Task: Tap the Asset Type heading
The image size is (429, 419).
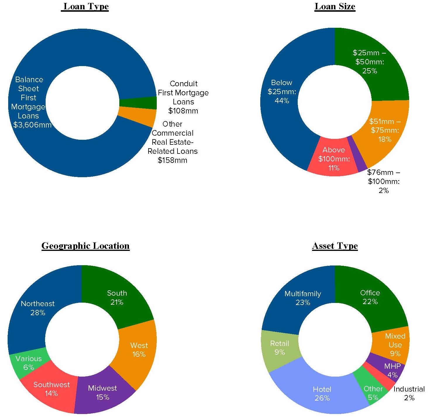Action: coord(335,246)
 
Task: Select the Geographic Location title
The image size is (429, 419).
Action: coord(85,246)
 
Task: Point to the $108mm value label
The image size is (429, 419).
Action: coord(183,111)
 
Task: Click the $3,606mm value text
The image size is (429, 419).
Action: coord(32,125)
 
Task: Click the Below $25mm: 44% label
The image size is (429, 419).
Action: coord(282,92)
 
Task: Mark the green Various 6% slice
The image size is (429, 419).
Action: coord(28,363)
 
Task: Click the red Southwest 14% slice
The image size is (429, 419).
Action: coord(51,389)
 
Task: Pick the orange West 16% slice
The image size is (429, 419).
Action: coord(139,350)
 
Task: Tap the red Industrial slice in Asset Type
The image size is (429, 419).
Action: coord(381,377)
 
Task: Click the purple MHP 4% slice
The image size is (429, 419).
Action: coord(392,370)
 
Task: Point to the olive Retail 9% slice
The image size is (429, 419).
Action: coord(280,347)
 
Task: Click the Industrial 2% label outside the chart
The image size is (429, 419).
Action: coord(409,393)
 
